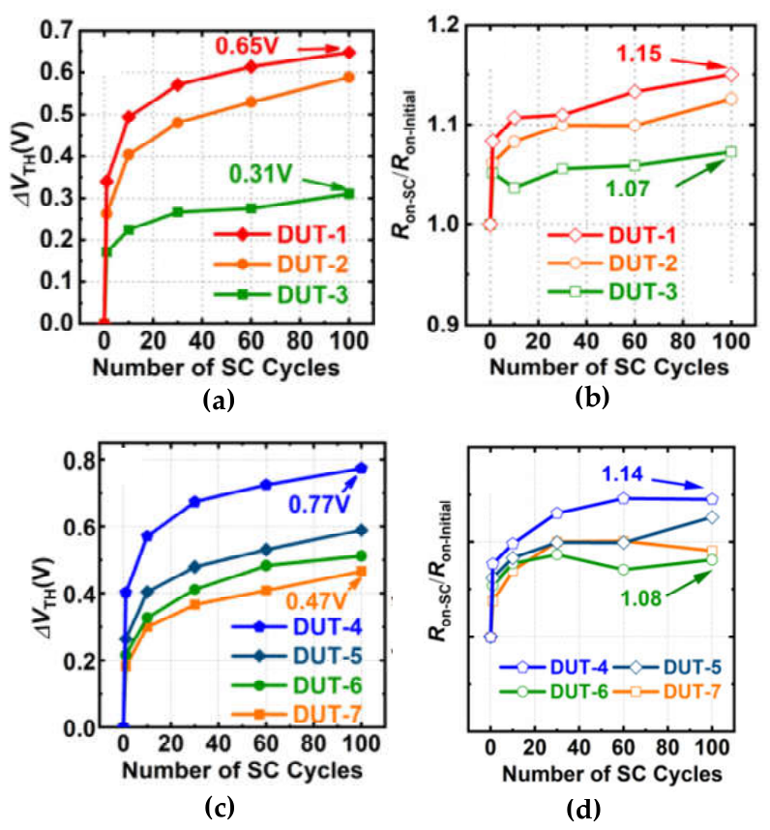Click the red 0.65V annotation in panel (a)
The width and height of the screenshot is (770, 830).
(247, 46)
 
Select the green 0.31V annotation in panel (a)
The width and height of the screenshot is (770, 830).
(260, 173)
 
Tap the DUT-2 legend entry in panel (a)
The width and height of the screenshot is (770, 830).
(281, 264)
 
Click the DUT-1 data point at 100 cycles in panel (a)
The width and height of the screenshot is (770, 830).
(349, 52)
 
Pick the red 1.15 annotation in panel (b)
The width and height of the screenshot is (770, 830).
(638, 53)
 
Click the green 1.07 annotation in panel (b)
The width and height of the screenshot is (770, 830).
(628, 189)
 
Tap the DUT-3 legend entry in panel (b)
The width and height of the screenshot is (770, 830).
(612, 292)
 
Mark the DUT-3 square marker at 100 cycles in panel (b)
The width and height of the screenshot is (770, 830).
(731, 152)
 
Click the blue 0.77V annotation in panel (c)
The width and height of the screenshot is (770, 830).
(319, 504)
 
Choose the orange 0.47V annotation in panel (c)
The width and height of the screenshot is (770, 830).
(317, 601)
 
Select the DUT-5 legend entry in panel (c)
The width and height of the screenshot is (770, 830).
(297, 656)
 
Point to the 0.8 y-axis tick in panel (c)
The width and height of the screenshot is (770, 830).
(79, 460)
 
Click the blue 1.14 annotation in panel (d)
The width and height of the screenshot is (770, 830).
(622, 474)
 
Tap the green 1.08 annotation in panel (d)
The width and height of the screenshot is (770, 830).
(641, 598)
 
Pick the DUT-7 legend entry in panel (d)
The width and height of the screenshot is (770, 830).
(667, 692)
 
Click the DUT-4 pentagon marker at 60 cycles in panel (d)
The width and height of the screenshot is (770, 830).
(623, 498)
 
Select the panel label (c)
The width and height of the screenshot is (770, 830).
(219, 808)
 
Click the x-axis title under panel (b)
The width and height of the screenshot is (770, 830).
(609, 367)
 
